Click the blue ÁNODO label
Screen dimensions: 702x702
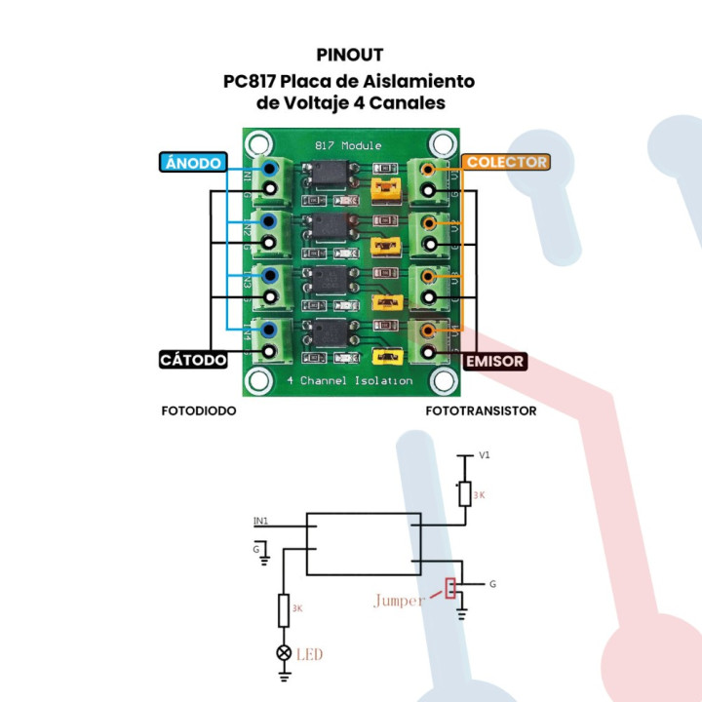[x=193, y=163]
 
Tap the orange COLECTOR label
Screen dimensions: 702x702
[x=506, y=162]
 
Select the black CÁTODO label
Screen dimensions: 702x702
[x=193, y=360]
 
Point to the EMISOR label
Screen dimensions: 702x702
[x=495, y=361]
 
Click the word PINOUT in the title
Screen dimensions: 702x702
[x=350, y=55]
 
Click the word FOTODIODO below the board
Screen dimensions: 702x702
[x=199, y=411]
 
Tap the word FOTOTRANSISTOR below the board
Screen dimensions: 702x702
[x=481, y=411]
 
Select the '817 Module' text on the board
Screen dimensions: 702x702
[x=348, y=145]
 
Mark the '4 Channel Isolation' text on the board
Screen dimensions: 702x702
[x=350, y=380]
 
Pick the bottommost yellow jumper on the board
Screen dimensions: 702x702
[x=387, y=358]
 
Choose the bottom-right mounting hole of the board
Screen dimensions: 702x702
[x=444, y=379]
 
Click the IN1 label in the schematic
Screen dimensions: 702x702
[x=260, y=521]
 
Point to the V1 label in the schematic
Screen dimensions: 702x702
[x=484, y=455]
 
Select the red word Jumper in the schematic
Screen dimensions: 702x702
[x=398, y=601]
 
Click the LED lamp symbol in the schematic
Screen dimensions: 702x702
[x=285, y=652]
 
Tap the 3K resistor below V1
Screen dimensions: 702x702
[x=465, y=493]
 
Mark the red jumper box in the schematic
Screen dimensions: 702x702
[x=450, y=588]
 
